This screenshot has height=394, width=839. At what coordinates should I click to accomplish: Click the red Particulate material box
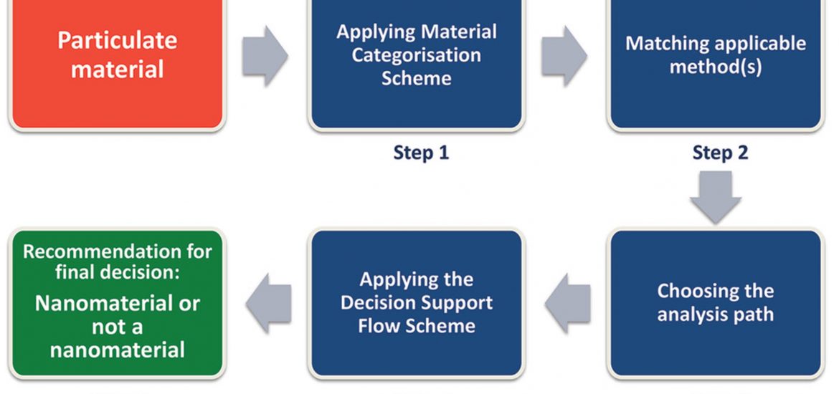pos(117,63)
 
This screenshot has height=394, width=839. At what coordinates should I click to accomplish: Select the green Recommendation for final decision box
pos(117,304)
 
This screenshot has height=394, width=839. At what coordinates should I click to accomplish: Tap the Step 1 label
pos(421,153)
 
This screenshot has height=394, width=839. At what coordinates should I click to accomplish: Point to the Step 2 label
pos(720,153)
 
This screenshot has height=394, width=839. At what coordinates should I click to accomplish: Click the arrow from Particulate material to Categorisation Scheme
pos(265,56)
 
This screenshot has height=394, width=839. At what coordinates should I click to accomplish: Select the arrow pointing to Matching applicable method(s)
pos(564,56)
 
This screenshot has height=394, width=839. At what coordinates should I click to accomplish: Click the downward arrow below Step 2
pos(716,197)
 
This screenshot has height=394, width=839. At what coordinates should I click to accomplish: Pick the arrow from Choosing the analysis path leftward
pos(568,303)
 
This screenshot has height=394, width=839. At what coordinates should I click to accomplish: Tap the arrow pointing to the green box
pos(269,303)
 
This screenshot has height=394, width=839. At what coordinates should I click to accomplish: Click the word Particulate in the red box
pos(117,41)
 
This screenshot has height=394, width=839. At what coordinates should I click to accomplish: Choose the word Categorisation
pos(417,55)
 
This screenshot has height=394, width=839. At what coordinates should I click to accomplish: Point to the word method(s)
pos(716,67)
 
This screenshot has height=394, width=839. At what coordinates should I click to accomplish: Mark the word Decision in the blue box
pos(376,302)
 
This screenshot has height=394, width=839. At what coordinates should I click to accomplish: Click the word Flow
pos(377,325)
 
